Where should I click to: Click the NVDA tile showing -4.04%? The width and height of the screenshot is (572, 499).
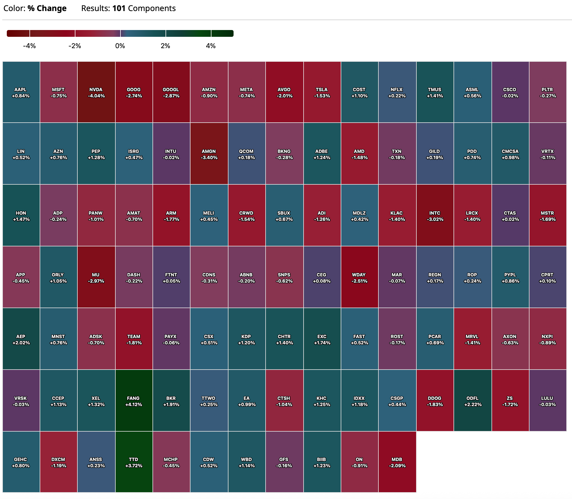[x=96, y=92]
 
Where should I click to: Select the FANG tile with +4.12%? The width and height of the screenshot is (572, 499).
[x=134, y=401]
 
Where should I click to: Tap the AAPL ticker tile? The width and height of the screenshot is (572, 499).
[x=21, y=92]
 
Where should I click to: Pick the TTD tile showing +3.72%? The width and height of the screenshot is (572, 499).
[x=134, y=462]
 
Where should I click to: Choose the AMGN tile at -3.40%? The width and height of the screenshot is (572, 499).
[x=209, y=154]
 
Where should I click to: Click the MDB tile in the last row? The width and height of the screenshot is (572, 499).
[x=397, y=462]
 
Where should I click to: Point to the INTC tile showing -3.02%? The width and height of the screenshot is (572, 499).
[x=435, y=216]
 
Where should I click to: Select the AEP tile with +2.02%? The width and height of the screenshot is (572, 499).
[x=21, y=339]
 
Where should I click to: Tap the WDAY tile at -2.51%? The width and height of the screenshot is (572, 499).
[x=359, y=278]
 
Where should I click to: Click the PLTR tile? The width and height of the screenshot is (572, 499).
[x=547, y=92]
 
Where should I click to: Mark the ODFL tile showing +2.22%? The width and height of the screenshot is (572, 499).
[x=473, y=401]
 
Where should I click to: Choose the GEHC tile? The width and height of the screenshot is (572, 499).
[x=21, y=462]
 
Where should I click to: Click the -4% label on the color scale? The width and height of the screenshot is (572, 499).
[x=29, y=46]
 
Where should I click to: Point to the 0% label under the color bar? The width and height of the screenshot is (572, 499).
[x=120, y=46]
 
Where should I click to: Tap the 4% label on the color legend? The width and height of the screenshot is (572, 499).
[x=211, y=46]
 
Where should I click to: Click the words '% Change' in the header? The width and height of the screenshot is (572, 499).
[x=47, y=8]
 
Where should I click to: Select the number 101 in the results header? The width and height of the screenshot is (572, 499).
[x=119, y=8]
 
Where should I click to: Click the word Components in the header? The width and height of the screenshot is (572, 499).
[x=152, y=8]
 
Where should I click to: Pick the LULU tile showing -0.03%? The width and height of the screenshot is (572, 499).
[x=547, y=401]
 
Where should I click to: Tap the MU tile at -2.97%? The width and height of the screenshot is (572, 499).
[x=96, y=278]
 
